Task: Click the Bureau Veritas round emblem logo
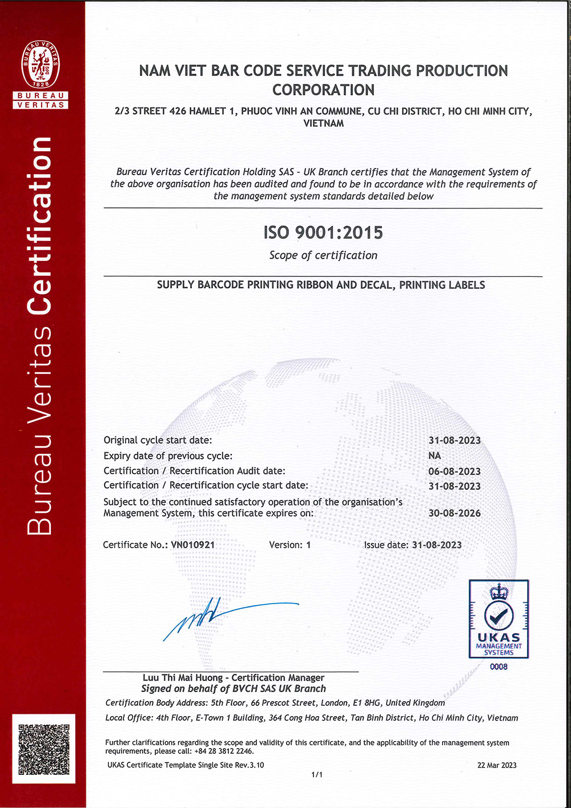(41, 64)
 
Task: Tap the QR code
(44, 749)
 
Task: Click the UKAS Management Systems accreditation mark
(498, 619)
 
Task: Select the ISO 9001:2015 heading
(323, 232)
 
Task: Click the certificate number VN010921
(193, 545)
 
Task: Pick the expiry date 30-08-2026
(455, 513)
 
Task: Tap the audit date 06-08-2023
(455, 471)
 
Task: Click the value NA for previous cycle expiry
(435, 456)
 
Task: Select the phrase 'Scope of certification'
(323, 255)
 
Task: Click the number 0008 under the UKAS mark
(498, 666)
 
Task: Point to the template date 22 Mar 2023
(497, 765)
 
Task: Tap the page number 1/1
(317, 775)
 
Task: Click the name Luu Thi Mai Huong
(183, 678)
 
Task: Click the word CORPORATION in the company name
(323, 90)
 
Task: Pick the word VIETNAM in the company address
(323, 123)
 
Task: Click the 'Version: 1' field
(290, 545)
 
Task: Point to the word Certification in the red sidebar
(40, 226)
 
